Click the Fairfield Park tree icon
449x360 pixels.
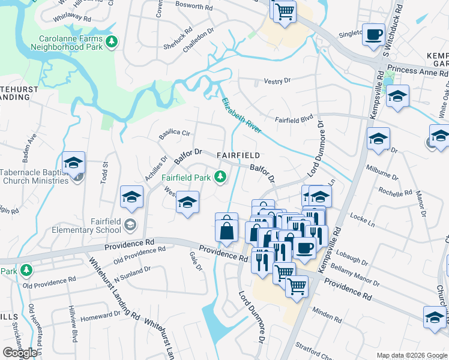point(221,176)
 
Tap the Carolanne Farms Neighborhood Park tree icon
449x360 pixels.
point(110,41)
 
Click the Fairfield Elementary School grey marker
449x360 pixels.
point(130,225)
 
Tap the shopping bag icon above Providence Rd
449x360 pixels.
point(226,230)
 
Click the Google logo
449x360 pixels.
point(20,353)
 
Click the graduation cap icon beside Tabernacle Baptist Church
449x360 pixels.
point(73,163)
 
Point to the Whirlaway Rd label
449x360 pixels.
point(71,18)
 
